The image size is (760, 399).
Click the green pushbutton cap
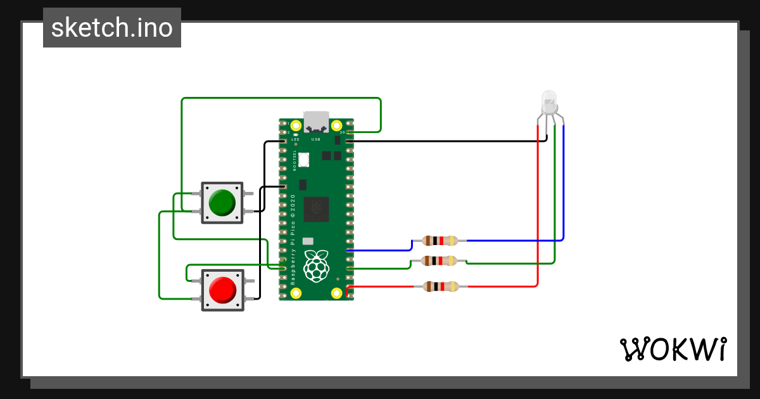click(222, 202)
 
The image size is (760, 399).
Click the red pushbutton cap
click(222, 289)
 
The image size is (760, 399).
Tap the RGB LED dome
click(548, 101)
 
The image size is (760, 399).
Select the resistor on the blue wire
click(440, 241)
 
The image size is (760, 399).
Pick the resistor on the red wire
click(440, 286)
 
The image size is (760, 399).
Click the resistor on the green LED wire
click(440, 260)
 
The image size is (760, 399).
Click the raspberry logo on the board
click(316, 265)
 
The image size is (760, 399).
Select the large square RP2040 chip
click(316, 209)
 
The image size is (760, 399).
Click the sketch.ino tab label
click(112, 28)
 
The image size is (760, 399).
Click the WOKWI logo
click(673, 349)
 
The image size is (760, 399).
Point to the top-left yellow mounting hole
click(295, 125)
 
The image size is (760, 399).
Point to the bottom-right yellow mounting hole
click(337, 293)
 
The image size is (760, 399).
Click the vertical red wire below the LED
click(538, 209)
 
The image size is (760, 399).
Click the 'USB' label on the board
click(316, 139)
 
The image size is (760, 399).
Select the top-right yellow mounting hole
click(337, 125)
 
